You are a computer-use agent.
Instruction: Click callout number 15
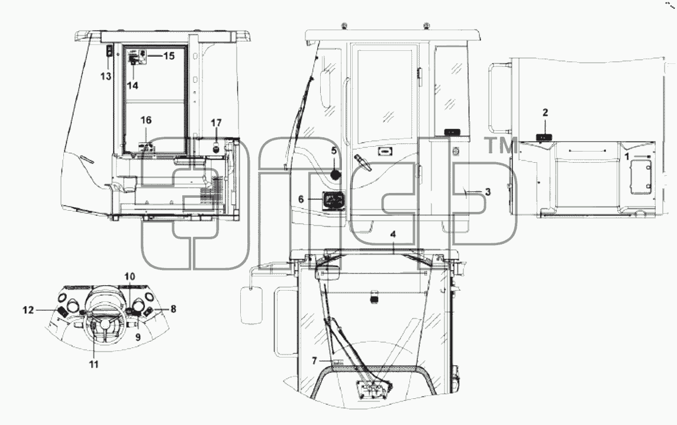click(169, 56)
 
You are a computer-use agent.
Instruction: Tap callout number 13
click(106, 76)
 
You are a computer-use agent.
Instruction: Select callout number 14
click(133, 85)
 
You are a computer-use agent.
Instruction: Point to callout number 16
click(146, 120)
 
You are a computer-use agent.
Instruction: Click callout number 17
click(217, 123)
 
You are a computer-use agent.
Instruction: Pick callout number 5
click(334, 151)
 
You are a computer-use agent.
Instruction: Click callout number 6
click(301, 199)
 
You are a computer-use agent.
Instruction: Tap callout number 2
click(545, 112)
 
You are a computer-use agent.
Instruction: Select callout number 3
click(488, 192)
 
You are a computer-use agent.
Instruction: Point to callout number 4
click(393, 234)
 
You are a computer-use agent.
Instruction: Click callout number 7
click(314, 360)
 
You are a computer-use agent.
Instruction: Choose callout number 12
click(28, 310)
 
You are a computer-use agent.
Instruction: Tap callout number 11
click(94, 365)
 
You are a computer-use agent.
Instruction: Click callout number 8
click(173, 309)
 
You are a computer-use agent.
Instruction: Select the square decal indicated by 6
click(334, 201)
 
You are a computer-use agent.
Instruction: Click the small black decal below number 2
click(544, 137)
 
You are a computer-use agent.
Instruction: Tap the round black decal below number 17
click(216, 149)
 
